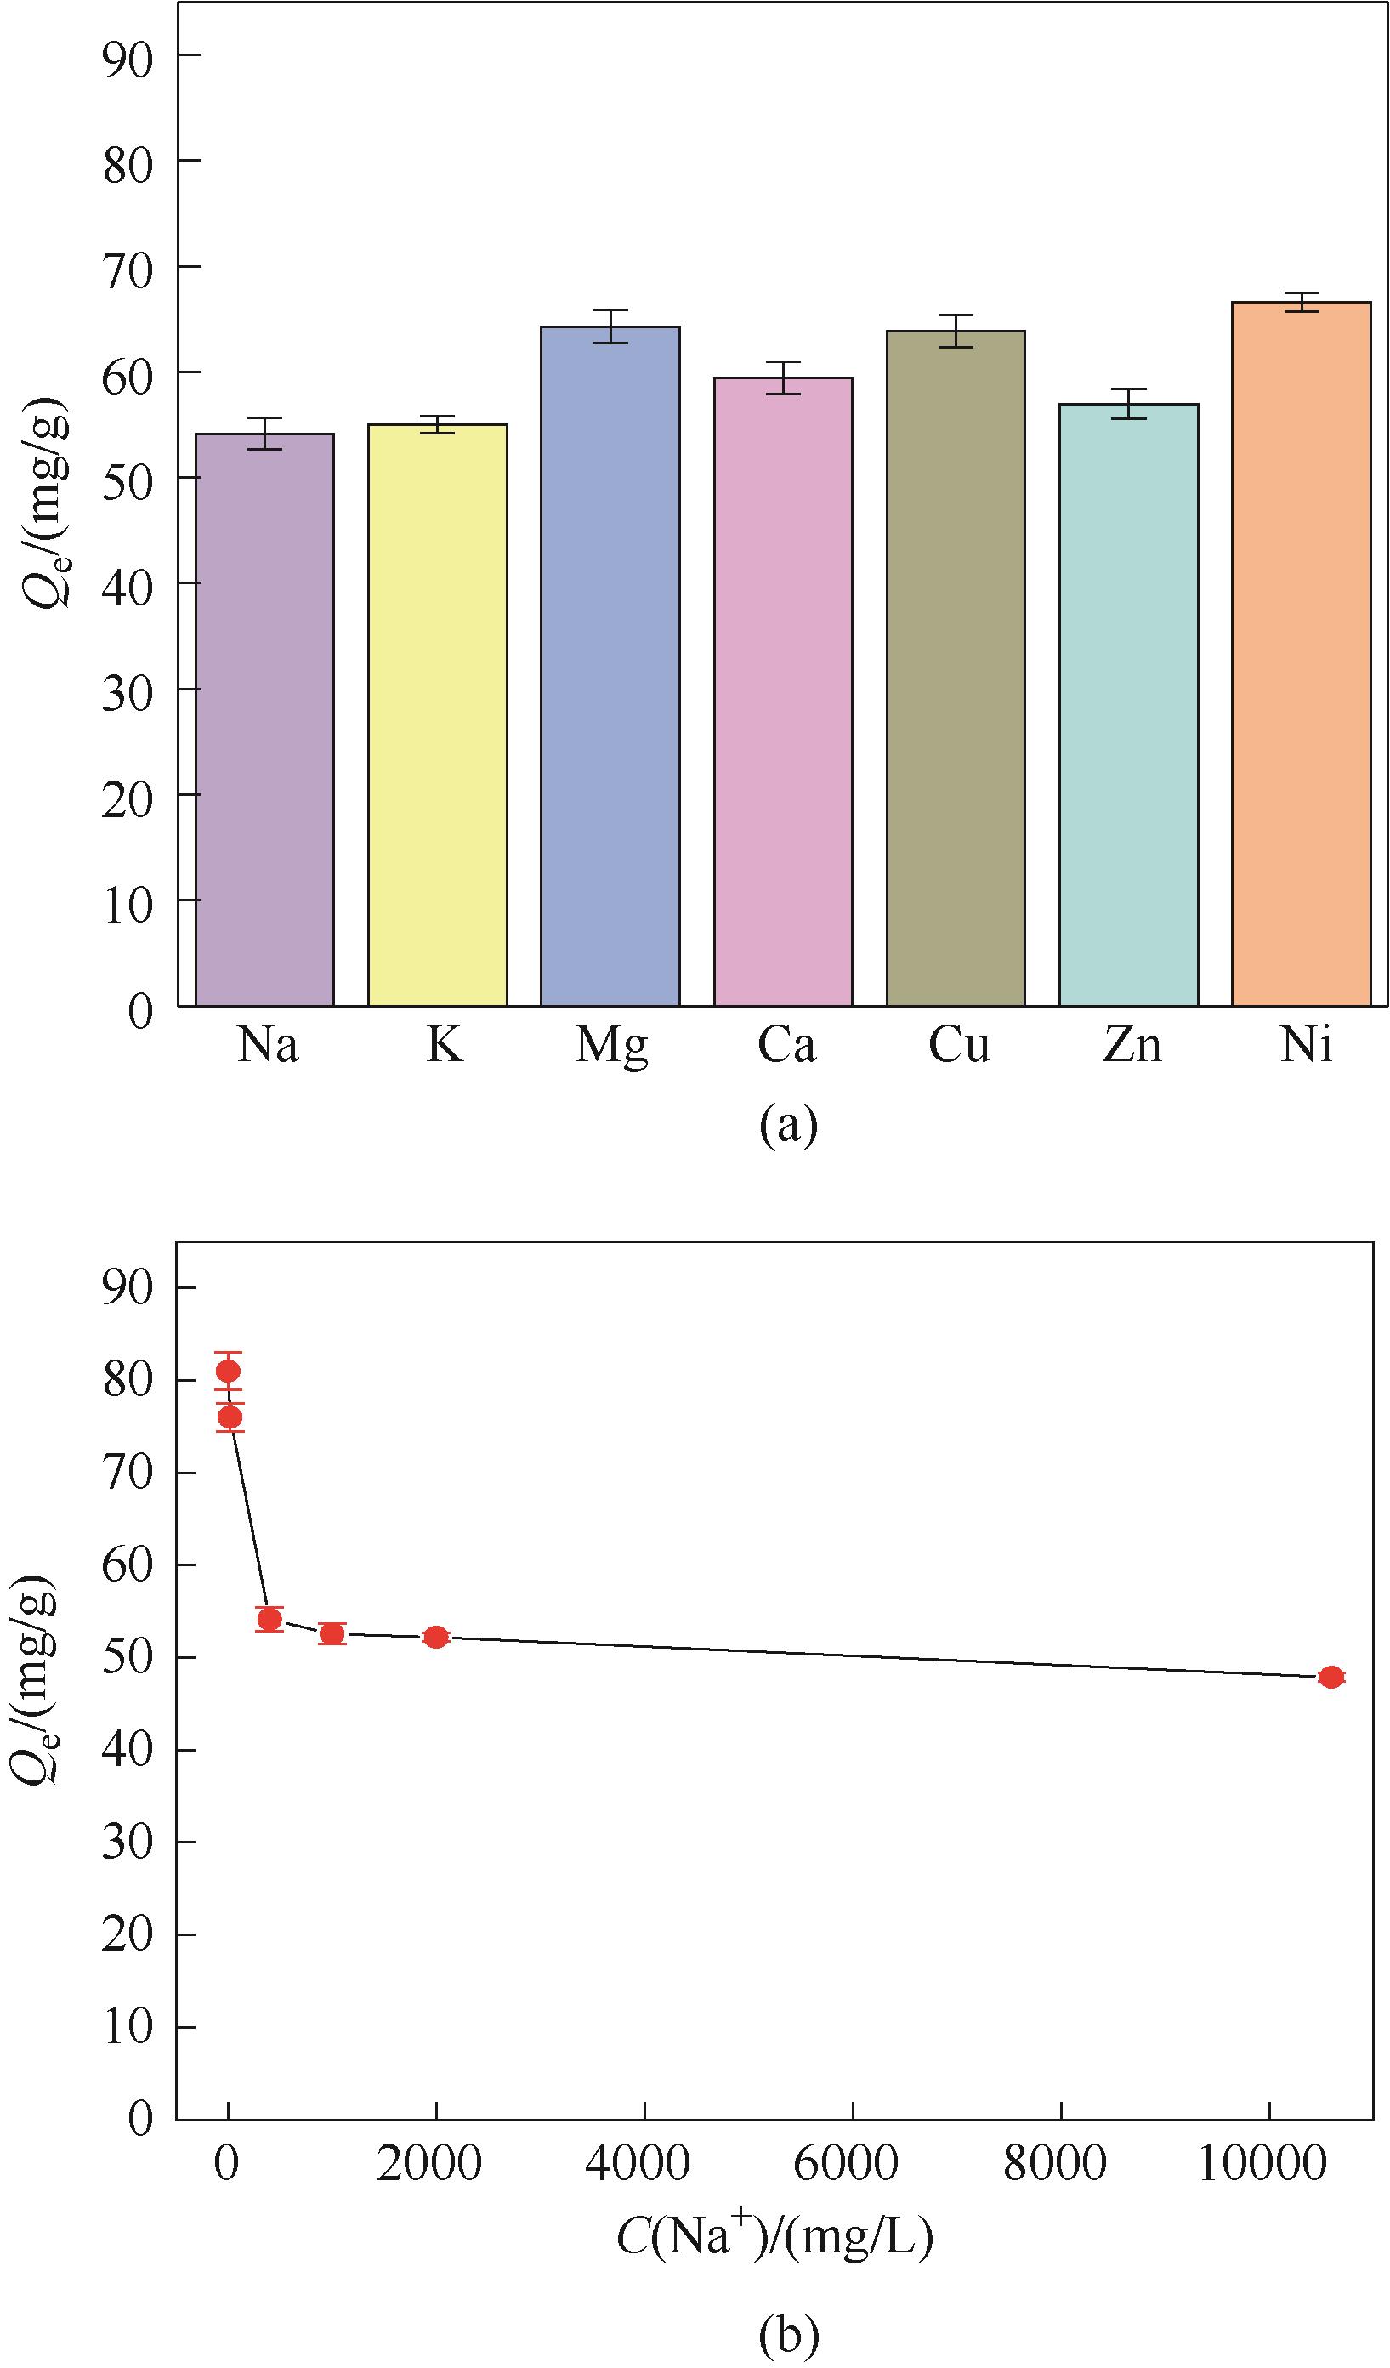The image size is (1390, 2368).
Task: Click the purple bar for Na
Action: (264, 718)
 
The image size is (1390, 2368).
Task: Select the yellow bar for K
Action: (437, 714)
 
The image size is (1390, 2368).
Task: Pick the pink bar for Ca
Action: (783, 690)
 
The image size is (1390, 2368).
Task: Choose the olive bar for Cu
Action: (956, 667)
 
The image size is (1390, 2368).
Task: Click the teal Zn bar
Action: (1128, 705)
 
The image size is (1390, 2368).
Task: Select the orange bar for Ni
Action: (1302, 653)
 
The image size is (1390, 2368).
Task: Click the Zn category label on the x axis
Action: (1132, 1044)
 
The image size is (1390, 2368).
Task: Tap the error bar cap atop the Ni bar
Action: (1302, 294)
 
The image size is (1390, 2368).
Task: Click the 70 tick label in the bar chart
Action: (128, 270)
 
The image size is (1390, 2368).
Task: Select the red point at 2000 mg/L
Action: (436, 1637)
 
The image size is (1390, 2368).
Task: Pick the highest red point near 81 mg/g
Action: (228, 1371)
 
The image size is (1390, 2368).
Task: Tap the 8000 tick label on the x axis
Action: (1054, 2162)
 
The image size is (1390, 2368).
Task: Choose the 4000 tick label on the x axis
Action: (638, 2162)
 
